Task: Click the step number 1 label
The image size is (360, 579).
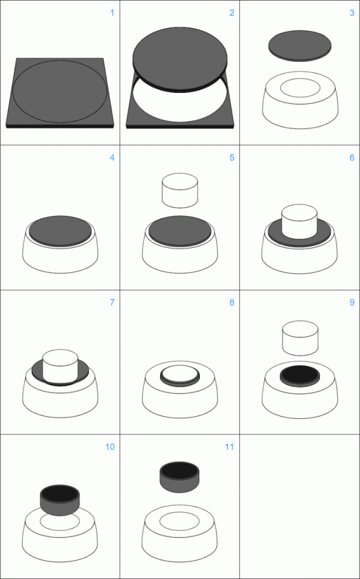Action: point(111,13)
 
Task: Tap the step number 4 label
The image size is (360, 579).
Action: point(111,158)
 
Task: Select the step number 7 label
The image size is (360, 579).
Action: point(111,302)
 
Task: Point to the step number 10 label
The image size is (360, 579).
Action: point(109,447)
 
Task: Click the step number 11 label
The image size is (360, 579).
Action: point(229,447)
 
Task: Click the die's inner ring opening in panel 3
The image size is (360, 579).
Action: point(299,87)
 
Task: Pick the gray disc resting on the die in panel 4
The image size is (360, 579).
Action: point(60,229)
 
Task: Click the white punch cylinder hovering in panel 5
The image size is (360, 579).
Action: point(180,191)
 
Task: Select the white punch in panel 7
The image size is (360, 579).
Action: point(60,365)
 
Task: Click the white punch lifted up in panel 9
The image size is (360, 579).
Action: point(299,337)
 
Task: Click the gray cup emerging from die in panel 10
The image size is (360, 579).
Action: point(59,502)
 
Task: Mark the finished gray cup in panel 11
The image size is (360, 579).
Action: point(179,477)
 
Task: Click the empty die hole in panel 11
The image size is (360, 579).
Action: point(179,520)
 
